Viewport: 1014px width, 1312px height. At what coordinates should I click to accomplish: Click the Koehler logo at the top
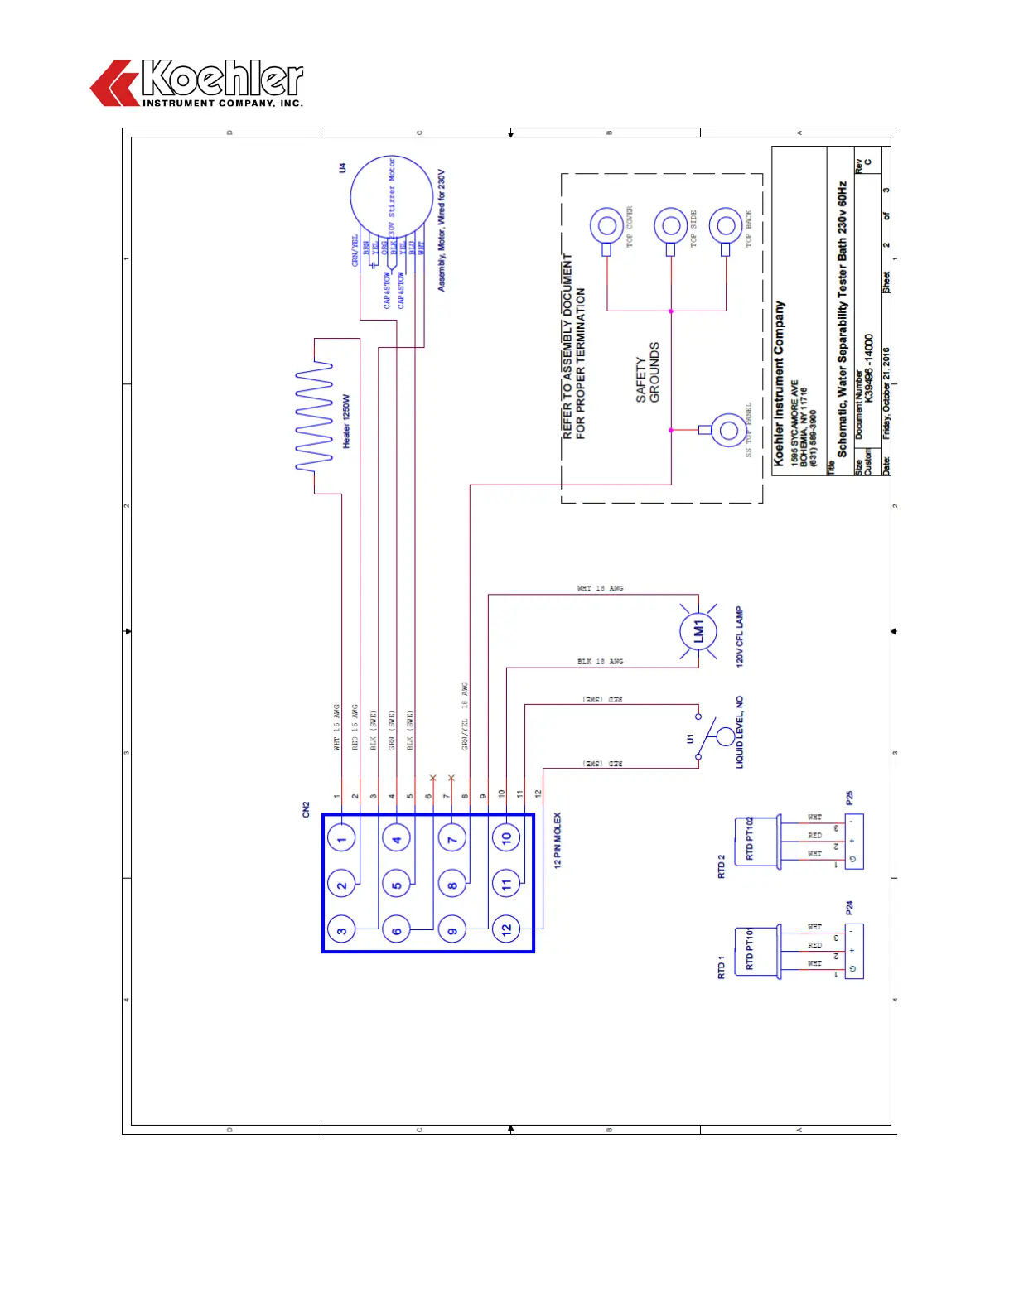pos(197,83)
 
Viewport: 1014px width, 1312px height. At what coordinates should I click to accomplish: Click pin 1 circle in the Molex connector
pos(341,839)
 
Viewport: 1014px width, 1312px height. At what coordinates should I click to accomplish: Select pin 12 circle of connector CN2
pos(507,930)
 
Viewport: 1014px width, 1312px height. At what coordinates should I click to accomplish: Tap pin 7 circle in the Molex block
pos(452,839)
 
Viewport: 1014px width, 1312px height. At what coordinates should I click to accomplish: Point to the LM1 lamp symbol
pos(698,631)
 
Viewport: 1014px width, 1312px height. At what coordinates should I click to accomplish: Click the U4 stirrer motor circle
pos(391,196)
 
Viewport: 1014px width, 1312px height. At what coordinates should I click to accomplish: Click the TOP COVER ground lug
pos(606,226)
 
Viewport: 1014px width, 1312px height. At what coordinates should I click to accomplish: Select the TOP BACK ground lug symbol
pos(726,226)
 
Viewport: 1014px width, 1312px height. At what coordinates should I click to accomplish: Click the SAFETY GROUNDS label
pos(648,373)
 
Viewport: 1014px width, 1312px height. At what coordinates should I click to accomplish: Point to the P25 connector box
pos(853,842)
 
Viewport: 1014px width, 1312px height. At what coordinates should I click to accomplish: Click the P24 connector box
pos(853,951)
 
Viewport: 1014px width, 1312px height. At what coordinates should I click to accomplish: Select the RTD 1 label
pos(721,967)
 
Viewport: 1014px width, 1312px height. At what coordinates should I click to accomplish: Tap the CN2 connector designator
pos(306,809)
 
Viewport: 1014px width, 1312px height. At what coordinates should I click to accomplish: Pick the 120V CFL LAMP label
pos(740,636)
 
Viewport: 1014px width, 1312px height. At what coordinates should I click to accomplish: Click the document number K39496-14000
pos(868,368)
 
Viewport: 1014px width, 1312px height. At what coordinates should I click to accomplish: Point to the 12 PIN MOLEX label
pos(558,839)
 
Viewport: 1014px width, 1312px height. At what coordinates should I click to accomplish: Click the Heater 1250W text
pos(346,421)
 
